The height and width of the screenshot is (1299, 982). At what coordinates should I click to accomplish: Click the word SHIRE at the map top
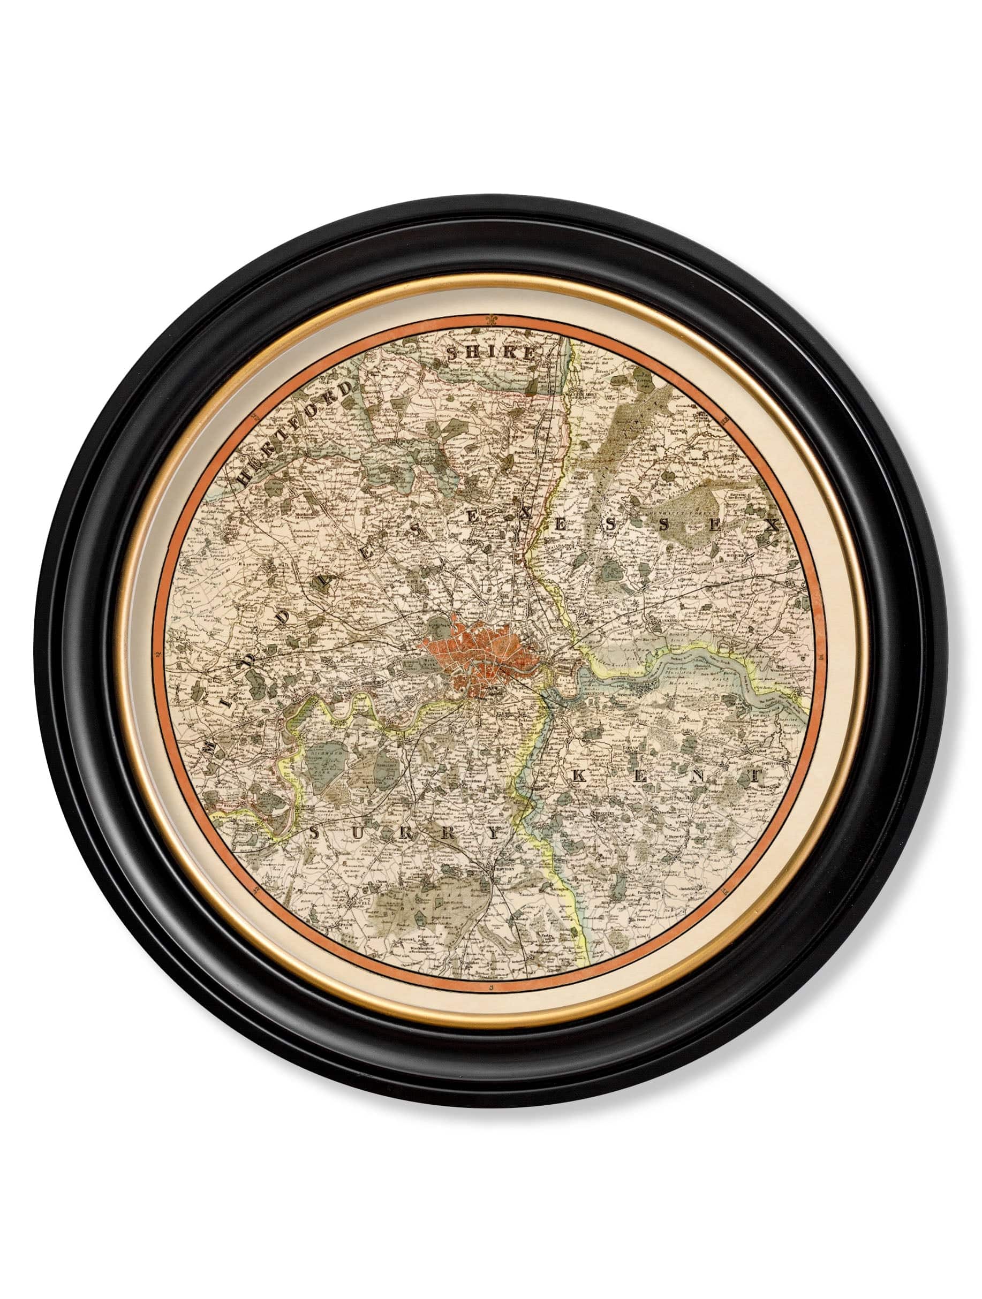tap(491, 354)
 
